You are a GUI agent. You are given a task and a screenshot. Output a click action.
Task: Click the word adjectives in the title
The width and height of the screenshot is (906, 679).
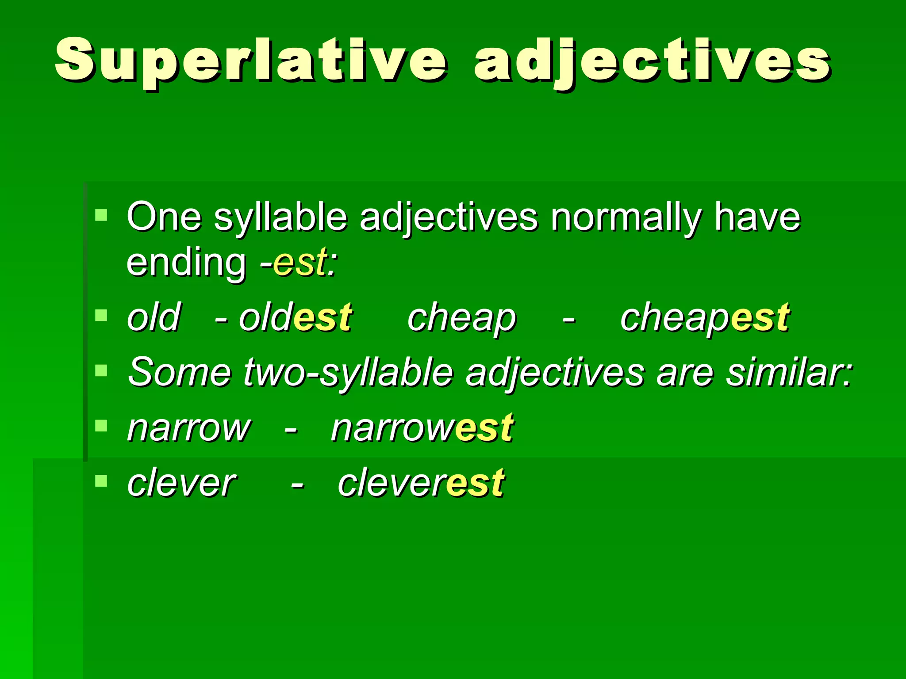(x=652, y=61)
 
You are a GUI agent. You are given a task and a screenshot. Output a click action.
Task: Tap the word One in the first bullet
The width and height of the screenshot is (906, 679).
(x=164, y=217)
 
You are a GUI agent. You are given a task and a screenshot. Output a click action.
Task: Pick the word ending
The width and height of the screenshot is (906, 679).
(x=186, y=263)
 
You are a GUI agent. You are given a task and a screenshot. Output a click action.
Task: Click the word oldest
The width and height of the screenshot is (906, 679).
(x=296, y=317)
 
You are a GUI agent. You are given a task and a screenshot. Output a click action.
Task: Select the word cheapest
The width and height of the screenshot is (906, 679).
(x=705, y=318)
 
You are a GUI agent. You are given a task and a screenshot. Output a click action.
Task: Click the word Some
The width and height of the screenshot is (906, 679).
(x=179, y=372)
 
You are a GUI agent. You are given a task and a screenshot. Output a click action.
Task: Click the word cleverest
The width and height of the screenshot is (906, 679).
(x=421, y=483)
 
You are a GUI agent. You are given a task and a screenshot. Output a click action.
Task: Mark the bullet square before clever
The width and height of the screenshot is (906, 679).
(x=101, y=481)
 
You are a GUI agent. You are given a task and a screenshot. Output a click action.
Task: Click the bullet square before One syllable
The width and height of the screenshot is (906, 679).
(x=101, y=215)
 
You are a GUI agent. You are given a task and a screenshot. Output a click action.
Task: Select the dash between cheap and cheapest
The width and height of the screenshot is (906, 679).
(x=569, y=319)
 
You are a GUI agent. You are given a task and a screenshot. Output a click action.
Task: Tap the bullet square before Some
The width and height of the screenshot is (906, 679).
(x=101, y=370)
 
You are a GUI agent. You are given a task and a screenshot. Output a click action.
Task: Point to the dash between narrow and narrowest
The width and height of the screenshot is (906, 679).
(x=290, y=429)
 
